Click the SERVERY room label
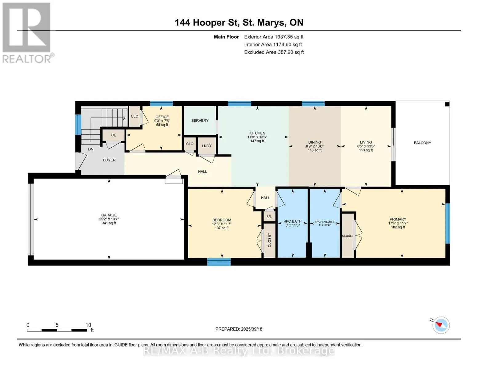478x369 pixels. (x=199, y=121)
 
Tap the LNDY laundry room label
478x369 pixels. (x=207, y=146)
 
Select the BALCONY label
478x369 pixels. (x=422, y=143)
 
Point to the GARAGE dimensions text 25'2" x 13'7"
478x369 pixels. (x=109, y=219)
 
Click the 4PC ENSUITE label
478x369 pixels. (x=325, y=222)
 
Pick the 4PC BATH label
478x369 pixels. (x=293, y=221)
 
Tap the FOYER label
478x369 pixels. (x=109, y=160)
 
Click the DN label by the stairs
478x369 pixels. (x=90, y=149)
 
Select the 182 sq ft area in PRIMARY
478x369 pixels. (x=398, y=227)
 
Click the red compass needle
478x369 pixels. (x=439, y=324)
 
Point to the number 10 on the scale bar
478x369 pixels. (x=88, y=325)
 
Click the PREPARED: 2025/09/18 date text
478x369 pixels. (x=239, y=329)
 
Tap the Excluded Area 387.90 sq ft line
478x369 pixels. (x=274, y=52)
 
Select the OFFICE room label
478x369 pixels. (x=162, y=117)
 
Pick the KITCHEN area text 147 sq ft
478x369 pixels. (x=257, y=141)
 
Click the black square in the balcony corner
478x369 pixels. (x=447, y=104)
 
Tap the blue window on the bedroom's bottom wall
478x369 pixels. (x=219, y=262)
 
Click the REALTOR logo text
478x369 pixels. (x=26, y=59)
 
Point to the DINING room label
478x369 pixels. (x=315, y=142)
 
